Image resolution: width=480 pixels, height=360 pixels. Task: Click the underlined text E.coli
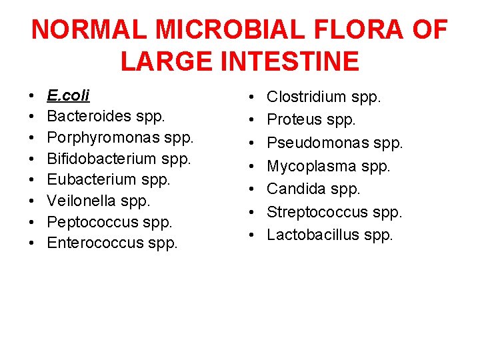[x=68, y=96]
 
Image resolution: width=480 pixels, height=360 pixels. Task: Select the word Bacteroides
[x=89, y=117]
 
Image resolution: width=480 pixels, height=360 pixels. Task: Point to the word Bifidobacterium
[x=102, y=159]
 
